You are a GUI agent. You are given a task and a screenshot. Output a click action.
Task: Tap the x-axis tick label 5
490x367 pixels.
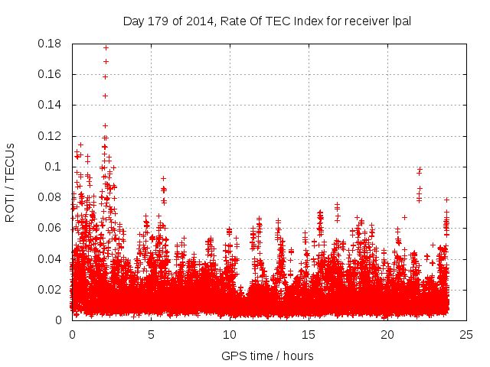click(x=151, y=335)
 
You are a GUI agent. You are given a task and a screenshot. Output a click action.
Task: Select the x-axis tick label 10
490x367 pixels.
click(x=230, y=335)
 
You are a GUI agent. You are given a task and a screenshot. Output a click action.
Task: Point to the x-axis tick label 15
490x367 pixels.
click(x=309, y=335)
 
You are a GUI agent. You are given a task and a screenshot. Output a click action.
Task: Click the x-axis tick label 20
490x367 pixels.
click(x=387, y=335)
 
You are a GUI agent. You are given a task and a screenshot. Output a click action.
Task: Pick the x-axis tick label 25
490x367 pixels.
click(x=466, y=335)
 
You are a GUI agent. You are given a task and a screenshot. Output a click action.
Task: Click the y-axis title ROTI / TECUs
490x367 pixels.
click(x=11, y=182)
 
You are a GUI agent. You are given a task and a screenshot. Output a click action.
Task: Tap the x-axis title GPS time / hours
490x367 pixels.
click(x=267, y=356)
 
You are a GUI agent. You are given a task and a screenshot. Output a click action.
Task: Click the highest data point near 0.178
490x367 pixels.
click(x=106, y=47)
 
